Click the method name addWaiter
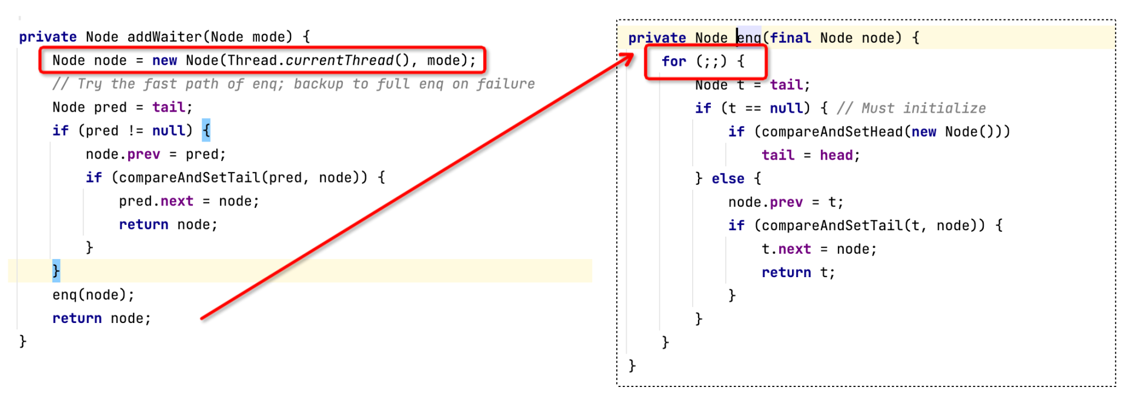(165, 37)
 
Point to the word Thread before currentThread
(252, 60)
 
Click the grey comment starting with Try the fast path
(293, 84)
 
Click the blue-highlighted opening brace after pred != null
(206, 130)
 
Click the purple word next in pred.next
(177, 201)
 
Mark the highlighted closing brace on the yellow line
(56, 271)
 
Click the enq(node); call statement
(93, 295)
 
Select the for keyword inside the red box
(674, 61)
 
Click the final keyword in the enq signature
(791, 38)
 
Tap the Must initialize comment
(911, 108)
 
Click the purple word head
(836, 155)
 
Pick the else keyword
(728, 179)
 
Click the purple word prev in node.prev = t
(786, 203)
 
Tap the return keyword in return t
(786, 272)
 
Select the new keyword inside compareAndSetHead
(924, 132)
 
